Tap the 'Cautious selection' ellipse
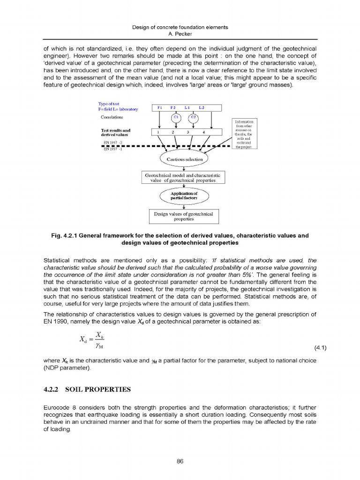pos(185,159)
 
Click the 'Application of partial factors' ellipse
pos(184,196)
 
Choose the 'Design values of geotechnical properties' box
pos(183,216)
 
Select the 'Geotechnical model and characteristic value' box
pos(183,178)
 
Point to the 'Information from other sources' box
pos(243,134)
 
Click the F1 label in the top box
pos(159,108)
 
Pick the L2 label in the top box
pos(202,108)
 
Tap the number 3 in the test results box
pos(188,132)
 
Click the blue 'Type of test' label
pos(108,104)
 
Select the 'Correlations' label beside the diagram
pos(112,117)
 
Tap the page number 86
pos(180,461)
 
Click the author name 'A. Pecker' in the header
pos(180,34)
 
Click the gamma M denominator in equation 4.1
pos(99,346)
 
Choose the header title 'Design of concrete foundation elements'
pos(180,27)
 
